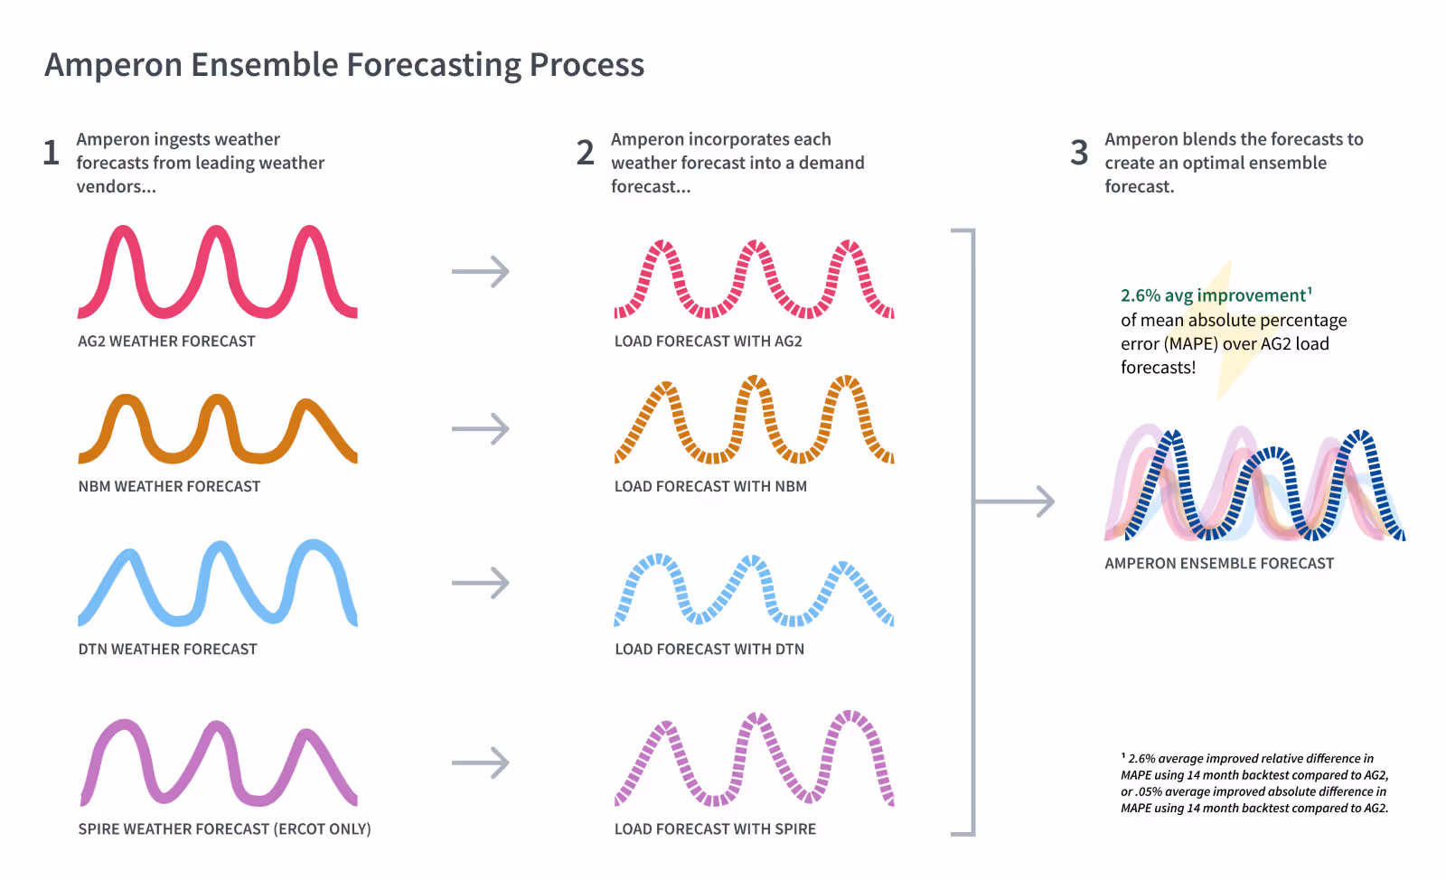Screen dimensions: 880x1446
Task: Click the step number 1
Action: pyautogui.click(x=52, y=153)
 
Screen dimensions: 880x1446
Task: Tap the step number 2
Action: pyautogui.click(x=586, y=153)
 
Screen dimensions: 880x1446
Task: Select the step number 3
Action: pyautogui.click(x=1079, y=153)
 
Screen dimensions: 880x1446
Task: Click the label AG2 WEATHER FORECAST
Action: pyautogui.click(x=166, y=342)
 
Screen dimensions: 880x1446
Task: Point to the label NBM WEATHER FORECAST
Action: pyautogui.click(x=169, y=486)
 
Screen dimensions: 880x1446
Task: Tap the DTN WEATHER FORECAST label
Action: pyautogui.click(x=167, y=649)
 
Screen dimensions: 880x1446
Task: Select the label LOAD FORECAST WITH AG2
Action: pyautogui.click(x=708, y=342)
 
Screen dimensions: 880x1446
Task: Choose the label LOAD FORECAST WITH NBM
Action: pyautogui.click(x=710, y=486)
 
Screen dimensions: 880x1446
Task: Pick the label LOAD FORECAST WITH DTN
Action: pyautogui.click(x=709, y=649)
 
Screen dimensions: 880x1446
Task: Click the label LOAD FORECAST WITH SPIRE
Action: pyautogui.click(x=715, y=829)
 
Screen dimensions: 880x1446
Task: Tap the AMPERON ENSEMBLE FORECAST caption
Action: pyautogui.click(x=1219, y=563)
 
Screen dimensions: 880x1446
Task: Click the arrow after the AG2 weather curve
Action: pyautogui.click(x=481, y=271)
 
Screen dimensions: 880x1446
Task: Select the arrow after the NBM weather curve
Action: pyautogui.click(x=481, y=428)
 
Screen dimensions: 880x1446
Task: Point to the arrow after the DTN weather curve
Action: pyautogui.click(x=481, y=583)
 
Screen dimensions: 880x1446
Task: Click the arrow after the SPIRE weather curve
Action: pyautogui.click(x=481, y=763)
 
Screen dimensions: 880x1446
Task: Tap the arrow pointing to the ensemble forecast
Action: pyautogui.click(x=1017, y=501)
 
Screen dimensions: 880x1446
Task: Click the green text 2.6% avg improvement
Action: pyautogui.click(x=1213, y=295)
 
